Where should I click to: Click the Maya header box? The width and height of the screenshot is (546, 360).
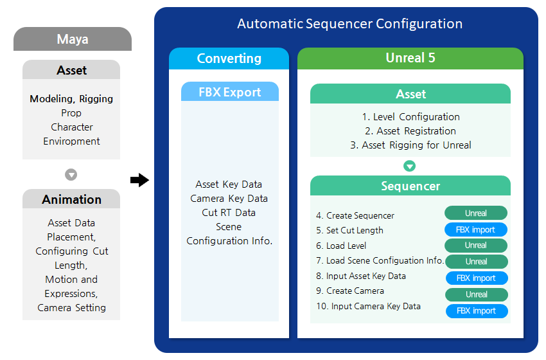72,39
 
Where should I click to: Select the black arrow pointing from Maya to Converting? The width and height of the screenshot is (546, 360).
139,180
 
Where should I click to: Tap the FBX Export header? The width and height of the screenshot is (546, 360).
229,92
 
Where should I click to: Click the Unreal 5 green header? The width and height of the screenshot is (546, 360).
410,58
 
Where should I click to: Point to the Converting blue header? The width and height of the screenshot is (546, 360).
229,59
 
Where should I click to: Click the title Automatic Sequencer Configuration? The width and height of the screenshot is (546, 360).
349,24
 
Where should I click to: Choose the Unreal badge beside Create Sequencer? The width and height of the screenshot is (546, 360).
476,213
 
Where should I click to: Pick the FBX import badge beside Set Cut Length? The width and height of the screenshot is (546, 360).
476,230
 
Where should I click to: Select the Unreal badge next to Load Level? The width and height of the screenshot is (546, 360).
476,246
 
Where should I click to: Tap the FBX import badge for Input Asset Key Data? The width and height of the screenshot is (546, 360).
476,278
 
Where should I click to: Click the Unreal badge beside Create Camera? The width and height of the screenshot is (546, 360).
476,294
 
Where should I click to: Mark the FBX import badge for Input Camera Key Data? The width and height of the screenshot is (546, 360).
476,311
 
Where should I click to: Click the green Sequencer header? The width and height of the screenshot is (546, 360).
410,186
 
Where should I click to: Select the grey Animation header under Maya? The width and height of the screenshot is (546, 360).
71,199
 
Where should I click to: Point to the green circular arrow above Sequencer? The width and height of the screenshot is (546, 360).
410,166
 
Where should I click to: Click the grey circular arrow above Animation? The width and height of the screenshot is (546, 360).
71,175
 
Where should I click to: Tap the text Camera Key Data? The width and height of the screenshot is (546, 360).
229,199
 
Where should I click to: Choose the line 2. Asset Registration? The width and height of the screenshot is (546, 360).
410,131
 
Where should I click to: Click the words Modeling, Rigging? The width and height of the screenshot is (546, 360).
71,99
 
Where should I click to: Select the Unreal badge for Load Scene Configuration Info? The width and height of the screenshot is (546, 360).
476,262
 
